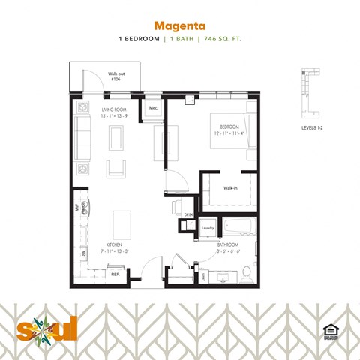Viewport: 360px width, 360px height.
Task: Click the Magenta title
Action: (179, 23)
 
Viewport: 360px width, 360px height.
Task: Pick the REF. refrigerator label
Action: (115, 275)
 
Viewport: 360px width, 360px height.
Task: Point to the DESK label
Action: (188, 215)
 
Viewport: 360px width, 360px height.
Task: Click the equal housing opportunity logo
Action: (328, 331)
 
